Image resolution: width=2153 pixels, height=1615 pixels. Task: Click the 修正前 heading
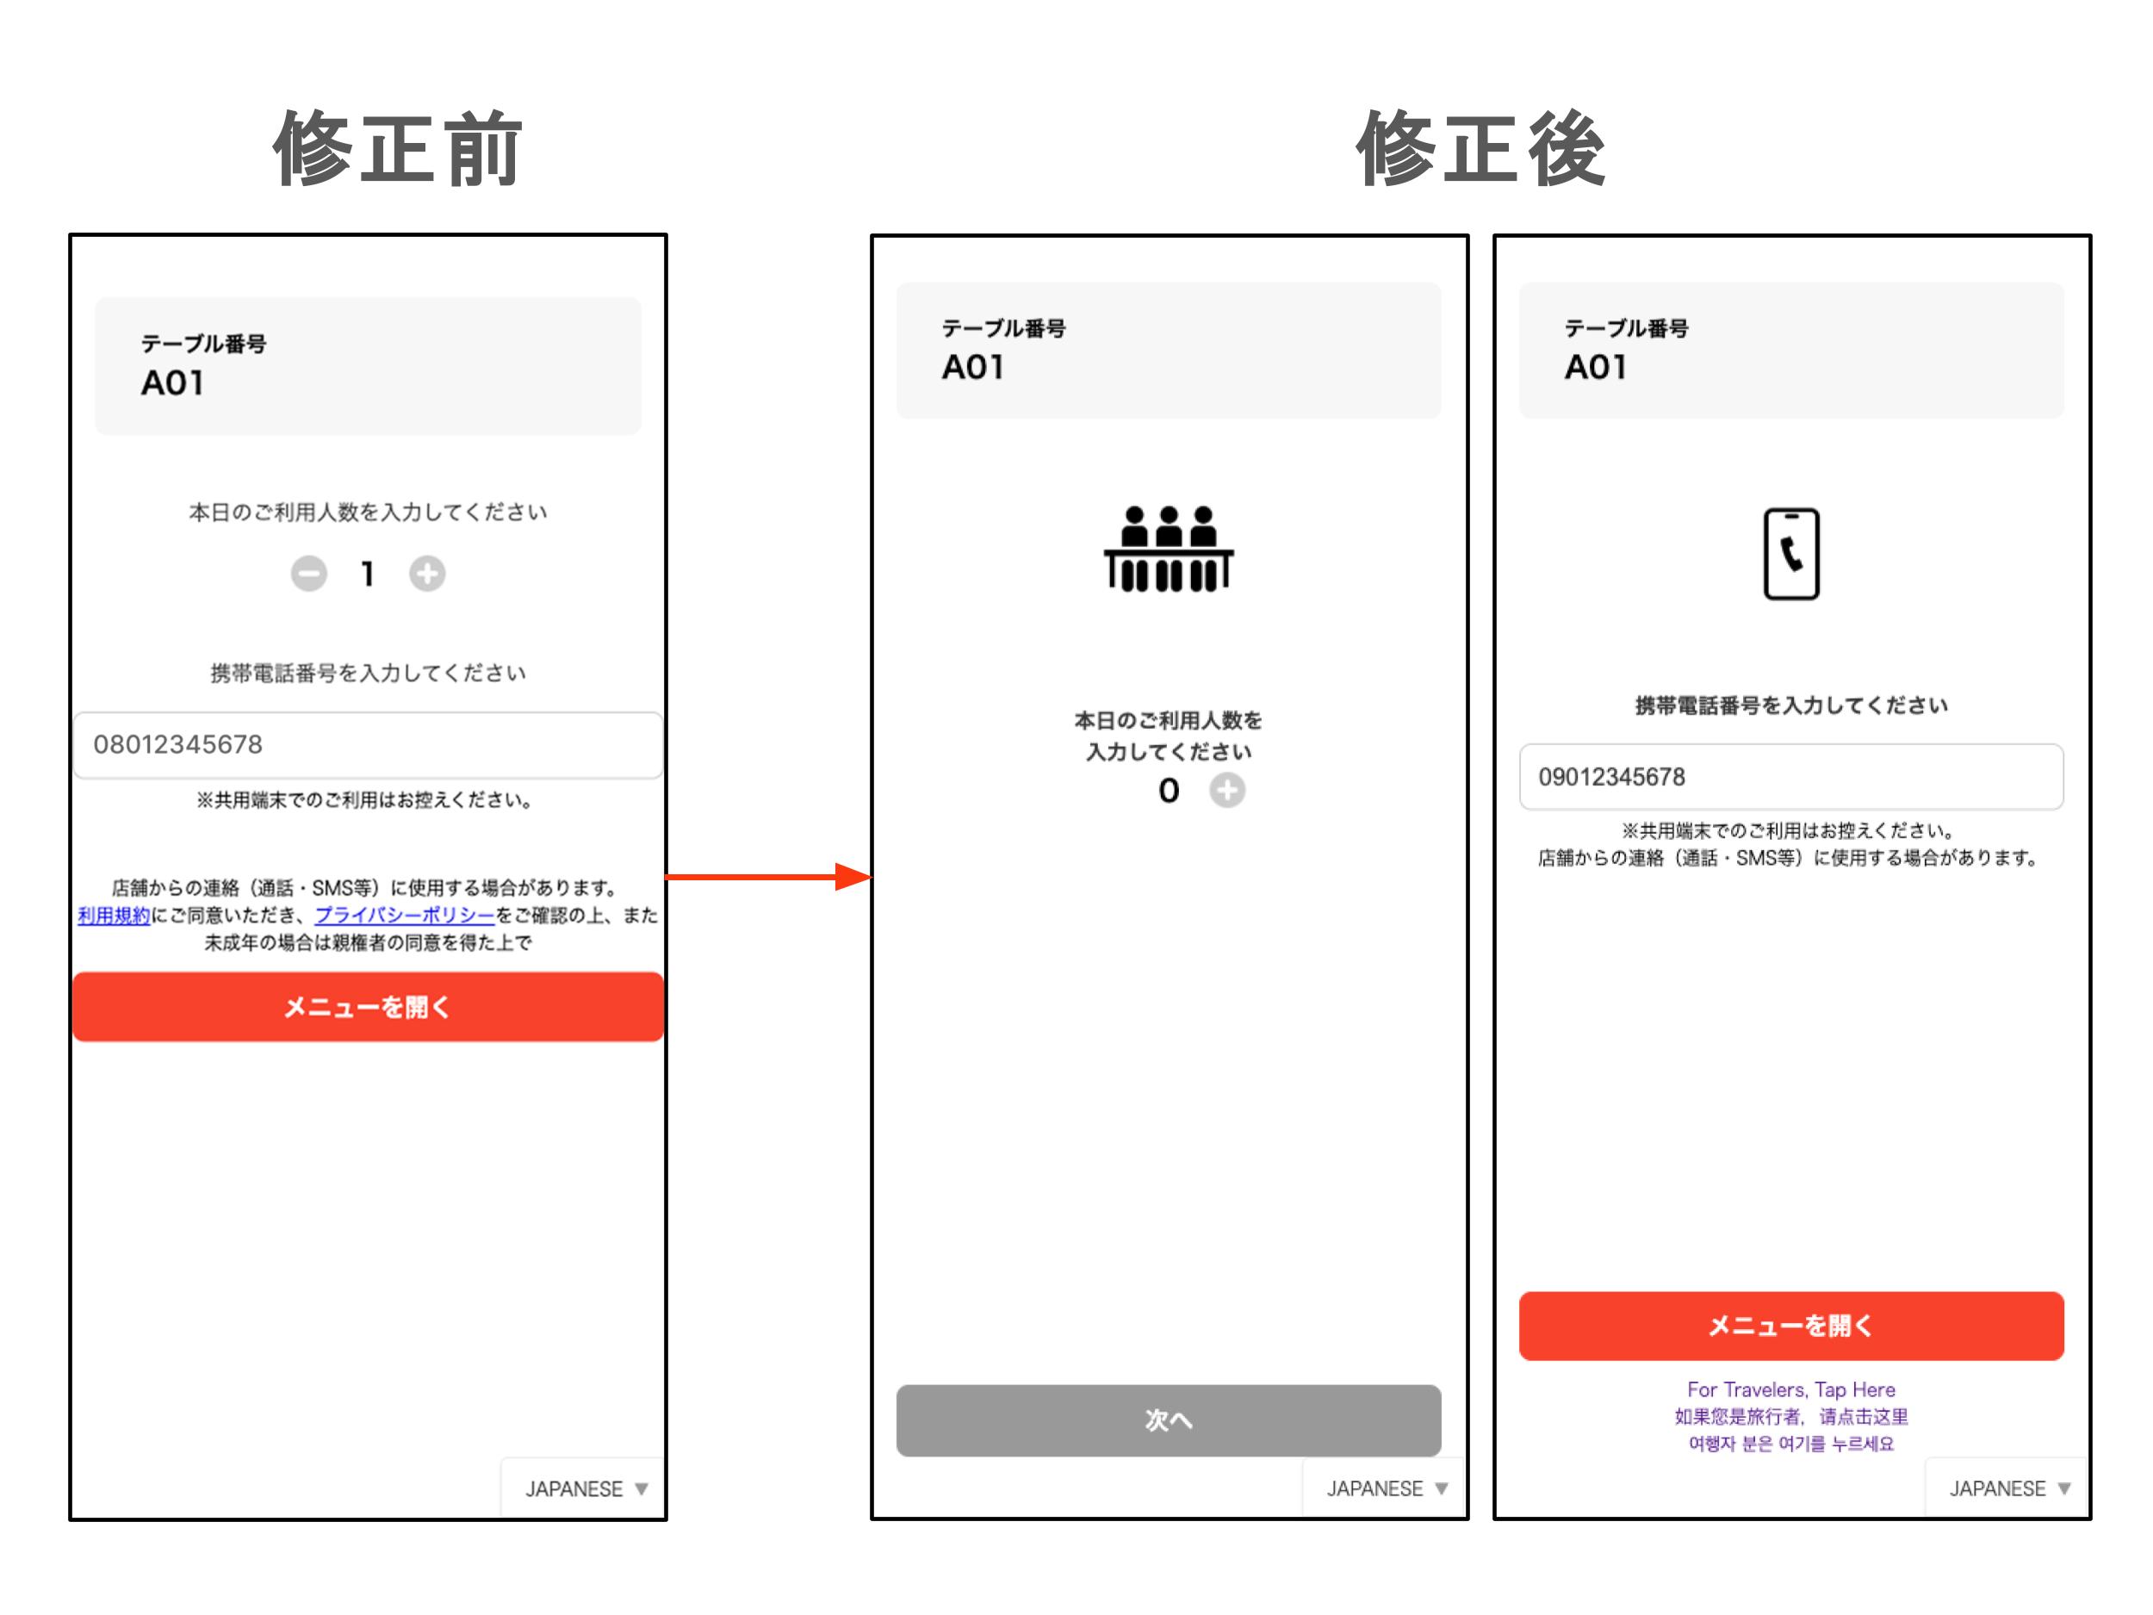click(x=398, y=148)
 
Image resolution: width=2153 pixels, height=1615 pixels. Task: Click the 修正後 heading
click(x=1480, y=148)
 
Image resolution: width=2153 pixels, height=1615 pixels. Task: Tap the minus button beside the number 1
click(x=309, y=574)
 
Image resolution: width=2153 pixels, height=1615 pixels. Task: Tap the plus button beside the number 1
click(x=426, y=574)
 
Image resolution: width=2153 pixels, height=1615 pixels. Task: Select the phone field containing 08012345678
click(x=368, y=745)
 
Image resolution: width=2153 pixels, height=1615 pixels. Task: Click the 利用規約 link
click(x=114, y=915)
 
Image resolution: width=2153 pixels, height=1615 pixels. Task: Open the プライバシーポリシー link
click(x=405, y=915)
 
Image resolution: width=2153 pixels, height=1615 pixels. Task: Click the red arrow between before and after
click(x=768, y=877)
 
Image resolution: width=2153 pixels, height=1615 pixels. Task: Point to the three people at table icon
click(x=1168, y=548)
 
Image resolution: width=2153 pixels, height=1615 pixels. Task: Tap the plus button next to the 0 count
click(x=1226, y=791)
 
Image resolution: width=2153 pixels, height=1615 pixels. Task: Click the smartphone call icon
click(x=1791, y=554)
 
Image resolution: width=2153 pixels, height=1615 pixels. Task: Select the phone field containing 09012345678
click(x=1791, y=777)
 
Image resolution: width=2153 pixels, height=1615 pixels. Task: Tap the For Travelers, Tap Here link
click(x=1791, y=1389)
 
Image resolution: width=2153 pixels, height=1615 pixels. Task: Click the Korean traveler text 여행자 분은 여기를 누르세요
click(x=1791, y=1444)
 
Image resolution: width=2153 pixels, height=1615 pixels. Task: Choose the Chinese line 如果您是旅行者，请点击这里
click(x=1791, y=1416)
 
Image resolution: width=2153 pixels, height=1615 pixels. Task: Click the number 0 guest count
click(x=1168, y=791)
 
